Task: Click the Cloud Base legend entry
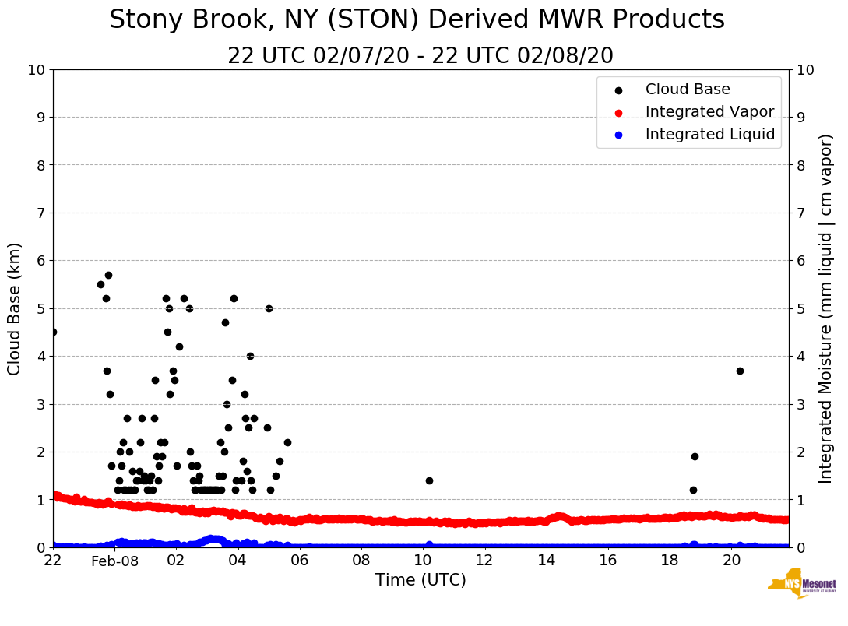pyautogui.click(x=688, y=90)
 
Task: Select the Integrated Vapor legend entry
pyautogui.click(x=709, y=112)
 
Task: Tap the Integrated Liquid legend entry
pyautogui.click(x=709, y=135)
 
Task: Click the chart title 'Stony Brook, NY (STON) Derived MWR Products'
pyautogui.click(x=417, y=20)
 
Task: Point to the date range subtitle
pyautogui.click(x=420, y=56)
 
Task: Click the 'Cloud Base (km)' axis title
pyautogui.click(x=15, y=308)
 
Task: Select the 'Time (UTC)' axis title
pyautogui.click(x=420, y=580)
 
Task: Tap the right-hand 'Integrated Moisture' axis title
pyautogui.click(x=826, y=308)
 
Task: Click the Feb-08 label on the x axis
pyautogui.click(x=114, y=561)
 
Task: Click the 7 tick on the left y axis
pyautogui.click(x=37, y=213)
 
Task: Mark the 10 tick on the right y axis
pyautogui.click(x=806, y=69)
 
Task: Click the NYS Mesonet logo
pyautogui.click(x=802, y=584)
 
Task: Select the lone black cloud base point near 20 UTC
pyautogui.click(x=740, y=371)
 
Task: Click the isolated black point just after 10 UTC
pyautogui.click(x=429, y=480)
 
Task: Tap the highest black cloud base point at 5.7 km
pyautogui.click(x=108, y=275)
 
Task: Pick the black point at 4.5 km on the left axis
pyautogui.click(x=53, y=332)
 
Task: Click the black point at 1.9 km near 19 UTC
pyautogui.click(x=695, y=456)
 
